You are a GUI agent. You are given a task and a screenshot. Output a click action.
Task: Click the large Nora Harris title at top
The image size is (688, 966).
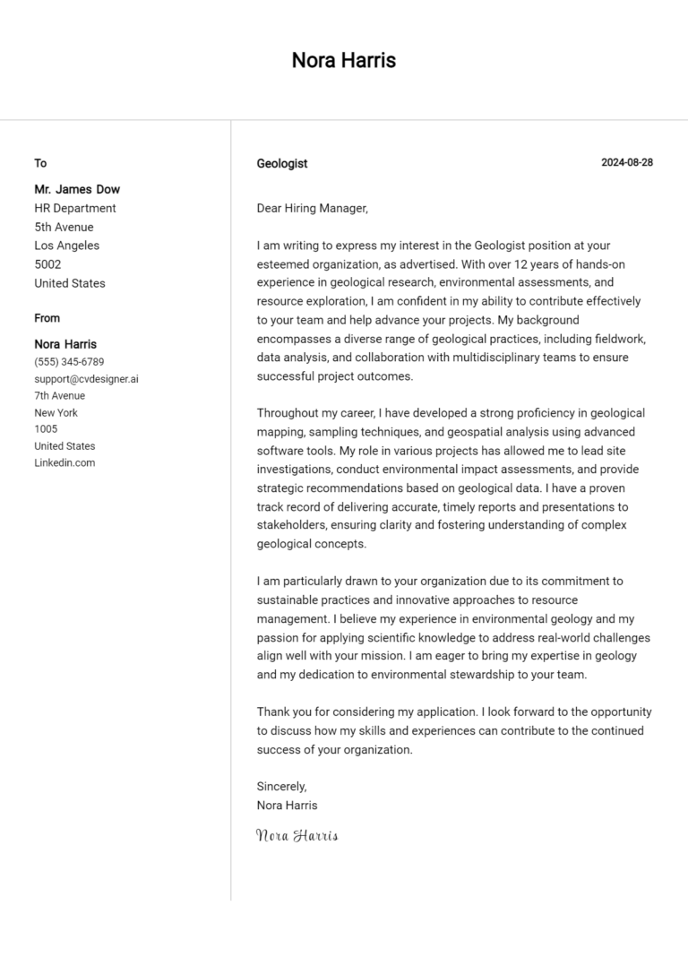[x=343, y=61]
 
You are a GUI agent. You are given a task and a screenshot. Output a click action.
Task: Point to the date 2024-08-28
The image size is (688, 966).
[x=627, y=162]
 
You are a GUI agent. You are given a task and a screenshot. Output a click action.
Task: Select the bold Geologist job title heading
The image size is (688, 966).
[x=281, y=163]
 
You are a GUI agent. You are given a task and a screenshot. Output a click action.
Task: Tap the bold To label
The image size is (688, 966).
[x=40, y=163]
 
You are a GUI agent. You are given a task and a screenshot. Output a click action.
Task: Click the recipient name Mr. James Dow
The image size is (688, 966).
[x=77, y=189]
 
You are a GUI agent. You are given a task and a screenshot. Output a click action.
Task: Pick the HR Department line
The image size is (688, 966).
[x=75, y=208]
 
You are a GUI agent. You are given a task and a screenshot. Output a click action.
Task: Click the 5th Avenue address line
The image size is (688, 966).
[x=64, y=227]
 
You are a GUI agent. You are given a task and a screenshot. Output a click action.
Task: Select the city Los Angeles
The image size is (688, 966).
[x=66, y=246]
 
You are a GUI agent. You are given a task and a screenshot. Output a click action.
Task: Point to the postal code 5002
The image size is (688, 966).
[x=47, y=264]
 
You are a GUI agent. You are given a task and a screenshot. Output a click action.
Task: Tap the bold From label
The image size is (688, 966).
[x=47, y=318]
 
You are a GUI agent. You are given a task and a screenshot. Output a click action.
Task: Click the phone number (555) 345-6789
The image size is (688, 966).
[x=69, y=362]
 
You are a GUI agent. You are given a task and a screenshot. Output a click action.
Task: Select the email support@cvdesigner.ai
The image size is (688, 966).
[x=86, y=379]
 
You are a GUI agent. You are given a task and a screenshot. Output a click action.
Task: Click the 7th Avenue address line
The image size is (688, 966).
[x=60, y=395]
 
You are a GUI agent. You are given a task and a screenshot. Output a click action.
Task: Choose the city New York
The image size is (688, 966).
[x=56, y=412]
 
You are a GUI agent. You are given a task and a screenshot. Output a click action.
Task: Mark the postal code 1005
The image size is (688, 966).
[x=46, y=429]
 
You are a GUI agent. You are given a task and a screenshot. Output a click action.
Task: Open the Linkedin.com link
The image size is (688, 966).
[x=64, y=462]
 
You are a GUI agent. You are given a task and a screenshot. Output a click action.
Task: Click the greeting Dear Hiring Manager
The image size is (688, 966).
[x=312, y=208]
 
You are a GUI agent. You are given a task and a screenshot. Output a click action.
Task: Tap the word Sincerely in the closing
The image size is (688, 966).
[x=281, y=786]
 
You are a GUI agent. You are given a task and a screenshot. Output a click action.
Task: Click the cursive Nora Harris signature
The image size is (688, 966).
[x=297, y=835]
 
